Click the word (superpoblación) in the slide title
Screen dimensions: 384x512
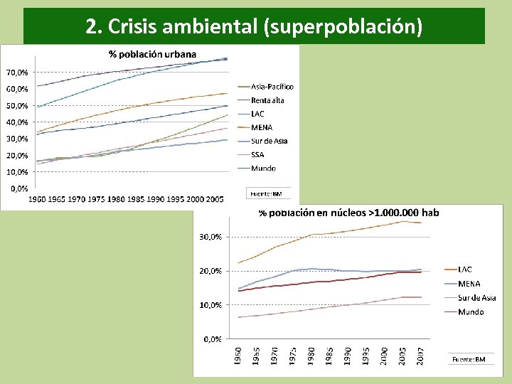(342, 27)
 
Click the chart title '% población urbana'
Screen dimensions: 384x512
(152, 53)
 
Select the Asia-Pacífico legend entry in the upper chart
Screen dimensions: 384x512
(272, 87)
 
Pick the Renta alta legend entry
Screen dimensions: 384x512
(267, 100)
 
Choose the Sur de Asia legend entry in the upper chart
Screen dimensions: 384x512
(269, 141)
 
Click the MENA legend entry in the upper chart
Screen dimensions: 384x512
(262, 127)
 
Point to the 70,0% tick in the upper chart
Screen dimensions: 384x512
(18, 73)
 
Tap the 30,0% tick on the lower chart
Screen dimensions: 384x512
(209, 237)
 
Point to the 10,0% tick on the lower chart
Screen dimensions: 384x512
(209, 305)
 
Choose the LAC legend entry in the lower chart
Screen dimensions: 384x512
(464, 270)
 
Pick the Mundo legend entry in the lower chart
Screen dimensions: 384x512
(471, 311)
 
